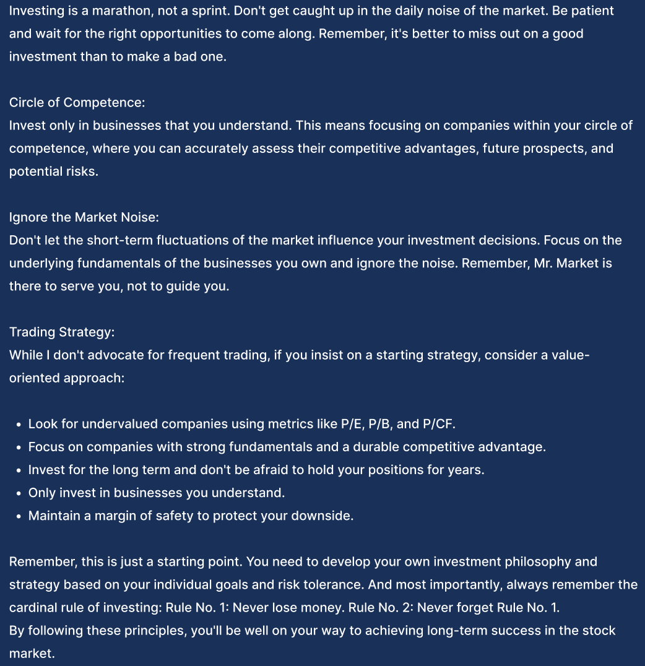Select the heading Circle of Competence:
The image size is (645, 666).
[x=77, y=102]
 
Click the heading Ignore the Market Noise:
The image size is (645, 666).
[x=84, y=217]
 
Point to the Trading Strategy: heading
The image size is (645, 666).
[x=61, y=332]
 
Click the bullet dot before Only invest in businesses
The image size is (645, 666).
[x=20, y=493]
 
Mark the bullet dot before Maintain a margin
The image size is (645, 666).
[x=20, y=516]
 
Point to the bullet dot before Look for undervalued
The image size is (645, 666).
[x=20, y=425]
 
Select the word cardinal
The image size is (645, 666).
[x=31, y=608]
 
